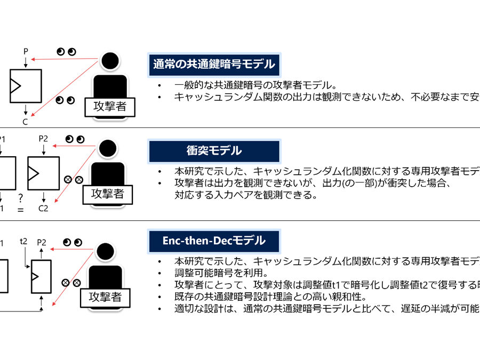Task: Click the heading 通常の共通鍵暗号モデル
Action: pyautogui.click(x=214, y=64)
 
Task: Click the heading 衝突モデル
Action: pyautogui.click(x=214, y=150)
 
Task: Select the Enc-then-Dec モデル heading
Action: pyautogui.click(x=214, y=241)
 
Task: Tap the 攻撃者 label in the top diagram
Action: pyautogui.click(x=109, y=106)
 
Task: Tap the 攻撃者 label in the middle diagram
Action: pyautogui.click(x=108, y=193)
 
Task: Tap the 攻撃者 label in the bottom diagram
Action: pyautogui.click(x=106, y=297)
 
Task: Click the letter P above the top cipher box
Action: pyautogui.click(x=26, y=52)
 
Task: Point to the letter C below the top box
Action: pyautogui.click(x=25, y=122)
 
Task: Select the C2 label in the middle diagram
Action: pyautogui.click(x=43, y=208)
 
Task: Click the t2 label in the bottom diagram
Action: pyautogui.click(x=23, y=241)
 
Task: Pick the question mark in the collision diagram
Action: pyautogui.click(x=20, y=198)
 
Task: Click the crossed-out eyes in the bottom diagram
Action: pyautogui.click(x=71, y=283)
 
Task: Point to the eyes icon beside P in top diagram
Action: pyautogui.click(x=67, y=52)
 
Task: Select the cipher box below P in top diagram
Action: pyautogui.click(x=26, y=86)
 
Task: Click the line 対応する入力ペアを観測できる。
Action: pyautogui.click(x=246, y=195)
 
